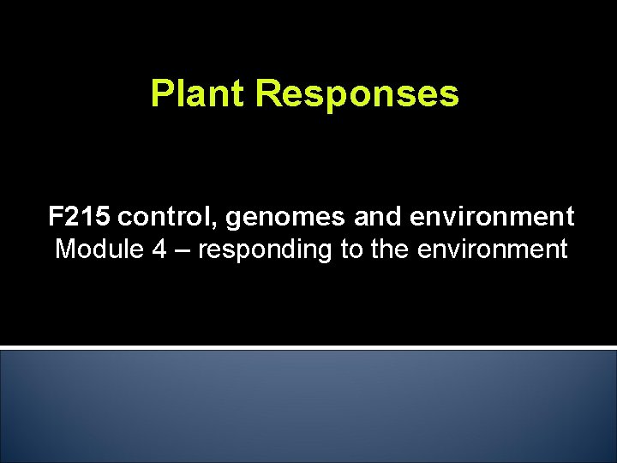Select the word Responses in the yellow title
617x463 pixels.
pyautogui.click(x=356, y=94)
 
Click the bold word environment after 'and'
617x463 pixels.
pyautogui.click(x=493, y=217)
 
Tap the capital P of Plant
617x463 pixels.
pyautogui.click(x=160, y=94)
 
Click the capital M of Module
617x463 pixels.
pyautogui.click(x=64, y=250)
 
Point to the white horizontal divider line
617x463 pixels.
pyautogui.click(x=308, y=347)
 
